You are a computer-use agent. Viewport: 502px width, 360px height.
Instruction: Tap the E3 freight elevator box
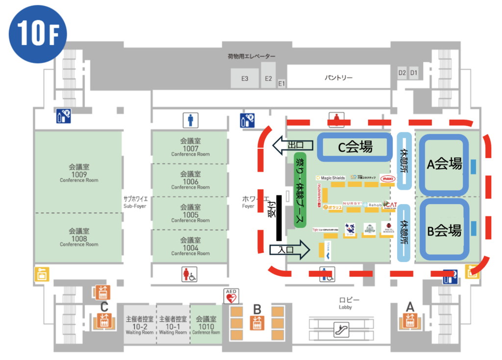[244, 78]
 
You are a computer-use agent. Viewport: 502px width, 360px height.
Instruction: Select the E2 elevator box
[268, 78]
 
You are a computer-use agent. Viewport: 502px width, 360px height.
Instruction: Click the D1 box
[414, 73]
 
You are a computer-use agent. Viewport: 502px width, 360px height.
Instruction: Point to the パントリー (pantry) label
[339, 78]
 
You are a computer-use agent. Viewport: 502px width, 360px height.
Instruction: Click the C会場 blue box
[354, 146]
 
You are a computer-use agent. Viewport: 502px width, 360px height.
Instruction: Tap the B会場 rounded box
[444, 230]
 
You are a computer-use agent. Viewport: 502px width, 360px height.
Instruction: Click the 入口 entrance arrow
[290, 250]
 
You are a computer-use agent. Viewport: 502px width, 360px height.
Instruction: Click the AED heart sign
[231, 296]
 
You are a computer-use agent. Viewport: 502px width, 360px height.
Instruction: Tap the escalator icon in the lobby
[338, 328]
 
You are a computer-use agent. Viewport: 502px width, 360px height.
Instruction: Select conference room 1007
[190, 147]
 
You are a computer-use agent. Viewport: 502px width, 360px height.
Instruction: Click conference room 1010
[206, 326]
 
